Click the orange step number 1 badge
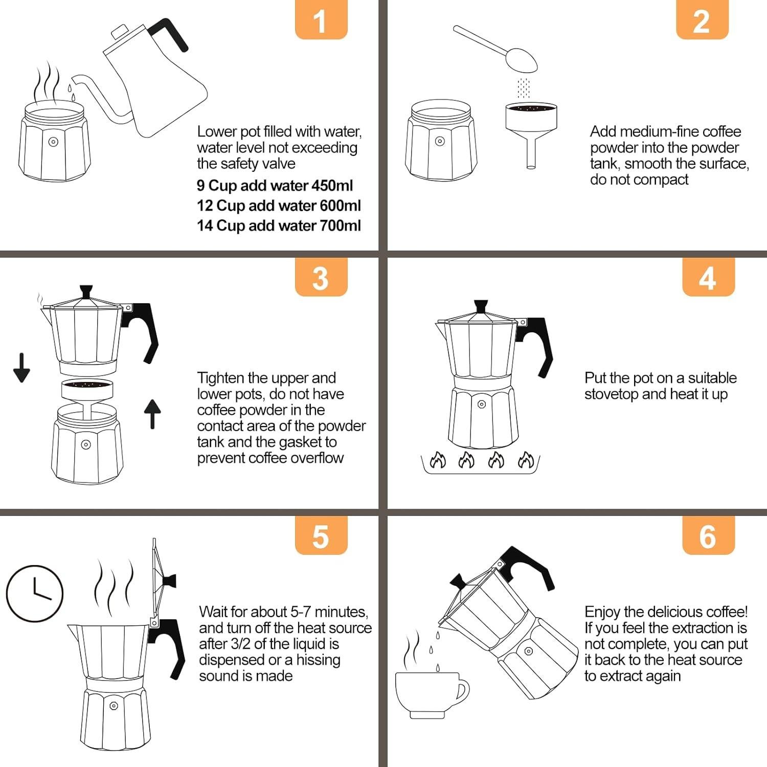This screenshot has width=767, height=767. [321, 20]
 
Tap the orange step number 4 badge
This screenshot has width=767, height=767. [708, 278]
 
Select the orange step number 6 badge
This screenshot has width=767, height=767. [708, 536]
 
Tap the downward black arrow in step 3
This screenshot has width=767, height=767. [21, 368]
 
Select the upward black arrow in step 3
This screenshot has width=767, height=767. [152, 413]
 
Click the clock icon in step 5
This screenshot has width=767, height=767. [34, 593]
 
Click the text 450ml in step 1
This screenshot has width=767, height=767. [332, 186]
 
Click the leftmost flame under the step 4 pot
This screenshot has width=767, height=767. [438, 461]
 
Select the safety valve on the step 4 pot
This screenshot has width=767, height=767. [481, 404]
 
